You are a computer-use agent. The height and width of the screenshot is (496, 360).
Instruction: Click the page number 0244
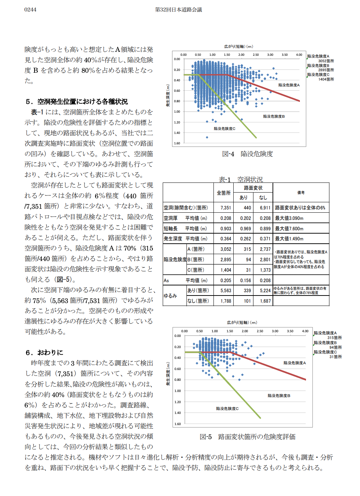coord(30,9)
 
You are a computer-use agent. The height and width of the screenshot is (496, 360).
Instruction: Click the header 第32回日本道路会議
coord(179,9)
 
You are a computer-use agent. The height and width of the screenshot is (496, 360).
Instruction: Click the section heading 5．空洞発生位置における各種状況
coord(77,102)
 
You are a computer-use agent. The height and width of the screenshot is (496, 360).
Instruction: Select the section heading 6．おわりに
coord(44,352)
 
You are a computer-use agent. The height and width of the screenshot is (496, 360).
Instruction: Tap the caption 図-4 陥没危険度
coord(247,154)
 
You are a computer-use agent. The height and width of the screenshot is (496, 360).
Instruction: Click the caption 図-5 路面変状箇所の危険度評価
coord(247,437)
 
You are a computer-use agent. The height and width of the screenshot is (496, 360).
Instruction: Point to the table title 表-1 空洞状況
coord(241,179)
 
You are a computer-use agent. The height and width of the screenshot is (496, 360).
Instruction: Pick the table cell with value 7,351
coord(226,208)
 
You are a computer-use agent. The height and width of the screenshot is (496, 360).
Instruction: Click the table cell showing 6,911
coord(265,208)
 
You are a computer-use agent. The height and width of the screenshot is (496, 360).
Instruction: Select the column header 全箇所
coord(224,193)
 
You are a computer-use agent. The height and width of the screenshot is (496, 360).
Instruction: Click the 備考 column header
coord(301,193)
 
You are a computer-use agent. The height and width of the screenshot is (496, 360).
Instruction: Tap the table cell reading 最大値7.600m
coord(289,229)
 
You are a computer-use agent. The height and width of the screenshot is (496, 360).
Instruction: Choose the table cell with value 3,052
coord(226,249)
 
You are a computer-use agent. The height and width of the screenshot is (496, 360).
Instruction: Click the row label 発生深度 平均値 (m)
coord(185,239)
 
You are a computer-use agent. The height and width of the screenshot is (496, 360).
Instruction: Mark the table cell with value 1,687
coord(265,301)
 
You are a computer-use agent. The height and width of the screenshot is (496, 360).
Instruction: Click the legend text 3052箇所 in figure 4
coord(326,61)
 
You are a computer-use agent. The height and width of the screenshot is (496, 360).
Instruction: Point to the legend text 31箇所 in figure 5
coord(336,357)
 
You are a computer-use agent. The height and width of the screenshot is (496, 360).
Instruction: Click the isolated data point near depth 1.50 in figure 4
coord(207,137)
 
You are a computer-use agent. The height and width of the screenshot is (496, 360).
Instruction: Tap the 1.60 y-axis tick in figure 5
coord(177,424)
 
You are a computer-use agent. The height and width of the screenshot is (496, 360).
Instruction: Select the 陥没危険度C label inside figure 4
coord(224,128)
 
